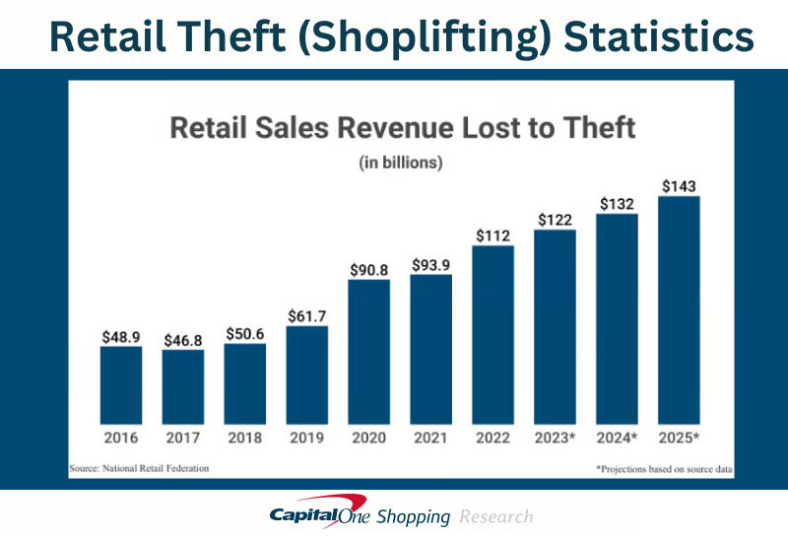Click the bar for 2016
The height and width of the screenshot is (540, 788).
pos(121,383)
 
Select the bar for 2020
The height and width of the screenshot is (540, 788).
pos(369,350)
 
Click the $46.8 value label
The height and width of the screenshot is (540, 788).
pos(183,339)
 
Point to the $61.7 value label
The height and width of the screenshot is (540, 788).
pos(307,315)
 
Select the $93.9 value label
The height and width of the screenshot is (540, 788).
pos(431,264)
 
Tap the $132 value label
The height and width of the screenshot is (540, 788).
pos(617,203)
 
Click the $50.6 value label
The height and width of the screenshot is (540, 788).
pos(245,333)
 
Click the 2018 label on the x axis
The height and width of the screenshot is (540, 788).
pos(245,437)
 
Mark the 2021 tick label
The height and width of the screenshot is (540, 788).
pos(431,437)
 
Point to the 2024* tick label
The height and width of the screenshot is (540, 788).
pos(618,437)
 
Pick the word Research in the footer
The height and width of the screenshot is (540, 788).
pos(495,516)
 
